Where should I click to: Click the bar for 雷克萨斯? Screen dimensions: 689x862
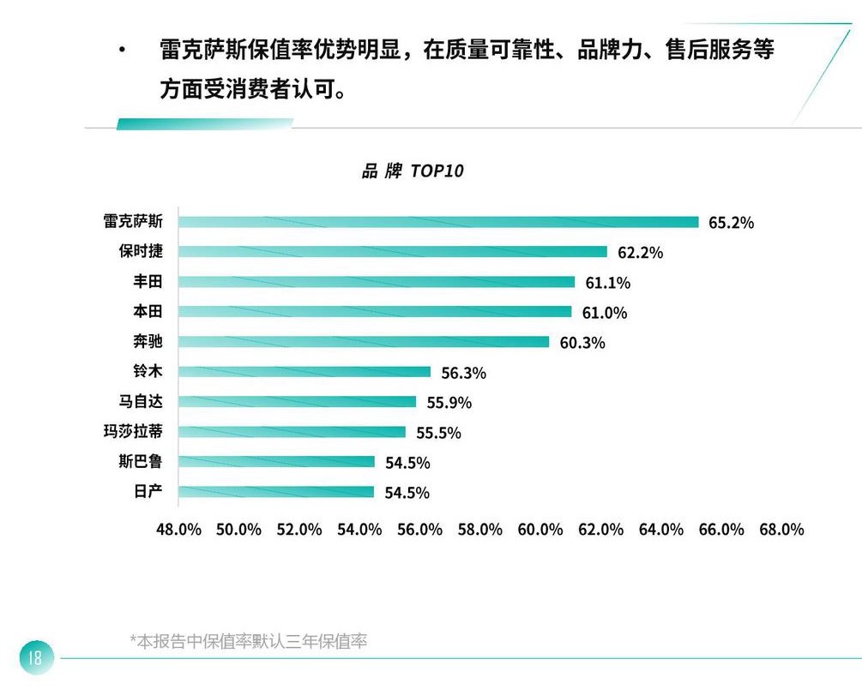click(438, 222)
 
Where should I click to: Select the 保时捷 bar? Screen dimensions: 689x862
click(393, 252)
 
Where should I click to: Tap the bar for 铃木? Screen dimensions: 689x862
click(304, 372)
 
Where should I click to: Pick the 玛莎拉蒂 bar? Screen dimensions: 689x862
click(292, 432)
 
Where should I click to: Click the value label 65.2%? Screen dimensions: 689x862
click(731, 223)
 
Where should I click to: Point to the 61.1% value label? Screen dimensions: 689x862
click(607, 283)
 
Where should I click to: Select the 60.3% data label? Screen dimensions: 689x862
click(582, 343)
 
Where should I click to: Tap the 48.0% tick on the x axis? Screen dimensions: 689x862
click(178, 530)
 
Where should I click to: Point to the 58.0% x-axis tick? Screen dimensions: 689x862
click(480, 530)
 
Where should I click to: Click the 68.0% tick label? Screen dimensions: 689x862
click(781, 530)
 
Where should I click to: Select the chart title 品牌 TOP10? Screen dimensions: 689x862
click(412, 171)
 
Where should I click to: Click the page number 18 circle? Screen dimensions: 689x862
click(35, 658)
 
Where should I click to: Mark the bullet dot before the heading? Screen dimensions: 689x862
click(123, 51)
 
